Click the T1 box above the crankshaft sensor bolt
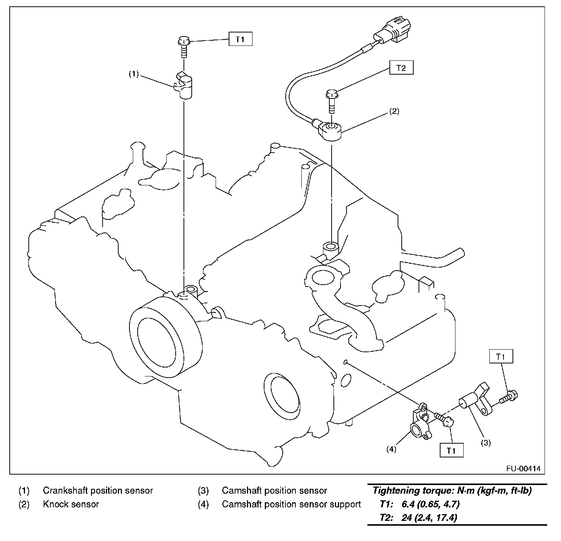[240, 39]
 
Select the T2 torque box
[401, 68]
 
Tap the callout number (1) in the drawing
[134, 74]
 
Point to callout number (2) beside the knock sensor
[394, 111]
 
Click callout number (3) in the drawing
[485, 443]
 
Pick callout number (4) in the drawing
[391, 449]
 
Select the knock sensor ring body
[330, 130]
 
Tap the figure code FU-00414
[523, 468]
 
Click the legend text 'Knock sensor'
[71, 504]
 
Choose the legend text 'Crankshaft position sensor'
[98, 491]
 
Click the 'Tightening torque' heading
[452, 491]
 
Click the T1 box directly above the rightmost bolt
[501, 357]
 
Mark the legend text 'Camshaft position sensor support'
[291, 504]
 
